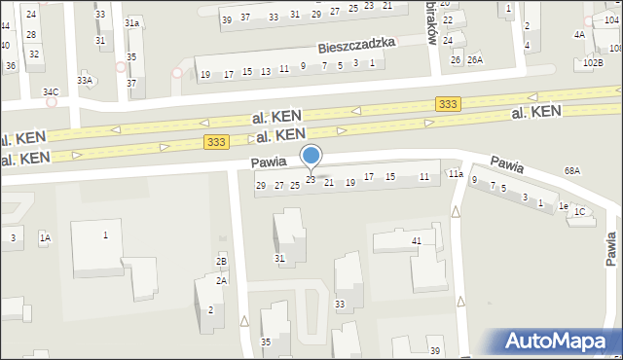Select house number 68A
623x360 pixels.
pyautogui.click(x=571, y=170)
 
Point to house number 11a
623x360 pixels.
pyautogui.click(x=455, y=174)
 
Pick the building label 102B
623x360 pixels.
pyautogui.click(x=593, y=62)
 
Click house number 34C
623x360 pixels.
pyautogui.click(x=51, y=92)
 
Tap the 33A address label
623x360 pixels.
pyautogui.click(x=86, y=81)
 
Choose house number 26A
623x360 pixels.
pyautogui.click(x=474, y=60)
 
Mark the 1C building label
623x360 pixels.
pyautogui.click(x=580, y=211)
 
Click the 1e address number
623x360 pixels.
pyautogui.click(x=563, y=205)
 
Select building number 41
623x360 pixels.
pyautogui.click(x=416, y=240)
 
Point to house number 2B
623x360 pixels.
pyautogui.click(x=221, y=261)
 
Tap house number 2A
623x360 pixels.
pyautogui.click(x=221, y=280)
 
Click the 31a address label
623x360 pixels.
pyautogui.click(x=132, y=22)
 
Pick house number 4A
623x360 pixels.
pyautogui.click(x=579, y=34)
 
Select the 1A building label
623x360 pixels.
pyautogui.click(x=44, y=237)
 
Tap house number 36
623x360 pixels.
pyautogui.click(x=10, y=65)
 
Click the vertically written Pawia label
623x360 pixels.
pyautogui.click(x=610, y=247)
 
